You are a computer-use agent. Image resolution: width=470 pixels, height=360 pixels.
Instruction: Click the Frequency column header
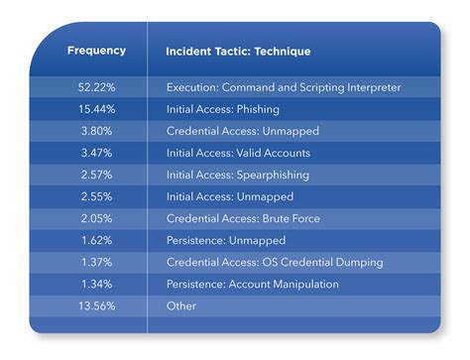pyautogui.click(x=96, y=51)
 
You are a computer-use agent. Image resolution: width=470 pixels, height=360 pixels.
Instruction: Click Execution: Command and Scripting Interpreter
pyautogui.click(x=284, y=87)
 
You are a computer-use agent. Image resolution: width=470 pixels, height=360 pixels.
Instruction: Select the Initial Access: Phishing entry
pyautogui.click(x=223, y=109)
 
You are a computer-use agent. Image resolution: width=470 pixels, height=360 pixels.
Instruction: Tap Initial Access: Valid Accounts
pyautogui.click(x=238, y=153)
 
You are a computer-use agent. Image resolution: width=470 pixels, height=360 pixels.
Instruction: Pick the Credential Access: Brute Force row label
pyautogui.click(x=243, y=218)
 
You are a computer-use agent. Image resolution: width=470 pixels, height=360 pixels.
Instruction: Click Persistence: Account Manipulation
pyautogui.click(x=253, y=285)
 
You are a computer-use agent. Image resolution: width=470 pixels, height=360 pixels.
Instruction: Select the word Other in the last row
pyautogui.click(x=181, y=306)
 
